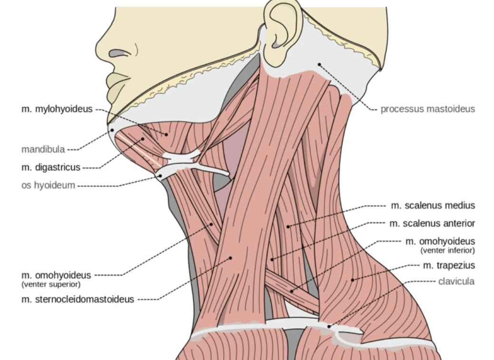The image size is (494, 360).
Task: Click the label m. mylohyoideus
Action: (x=57, y=109)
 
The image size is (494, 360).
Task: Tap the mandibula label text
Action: (x=43, y=150)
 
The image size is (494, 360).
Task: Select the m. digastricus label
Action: (x=51, y=167)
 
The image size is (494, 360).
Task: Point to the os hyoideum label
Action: (x=48, y=185)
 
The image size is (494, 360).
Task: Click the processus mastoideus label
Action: (x=427, y=109)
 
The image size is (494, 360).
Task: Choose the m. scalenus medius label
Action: (x=433, y=206)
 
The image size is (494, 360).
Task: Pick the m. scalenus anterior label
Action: (x=432, y=223)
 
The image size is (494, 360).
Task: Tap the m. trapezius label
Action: (x=449, y=265)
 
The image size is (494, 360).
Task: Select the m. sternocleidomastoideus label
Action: (x=77, y=299)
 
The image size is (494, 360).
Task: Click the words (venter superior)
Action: (x=51, y=284)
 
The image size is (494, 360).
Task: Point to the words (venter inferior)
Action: (x=447, y=250)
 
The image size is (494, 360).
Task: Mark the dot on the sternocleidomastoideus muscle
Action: (x=231, y=257)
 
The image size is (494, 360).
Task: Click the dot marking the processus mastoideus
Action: (x=319, y=64)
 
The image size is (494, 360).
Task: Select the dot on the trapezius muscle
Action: (x=352, y=280)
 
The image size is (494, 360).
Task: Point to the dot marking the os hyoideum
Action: (x=161, y=176)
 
